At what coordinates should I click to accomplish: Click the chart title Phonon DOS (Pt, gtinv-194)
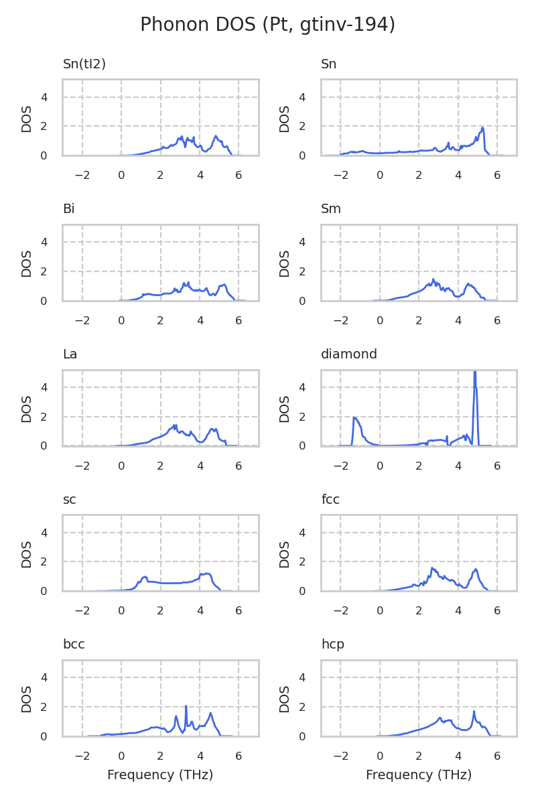coord(267,25)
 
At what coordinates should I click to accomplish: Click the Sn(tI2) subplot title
coord(84,64)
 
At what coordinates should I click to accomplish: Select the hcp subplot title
coord(332,645)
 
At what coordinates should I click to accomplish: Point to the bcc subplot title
coord(74,645)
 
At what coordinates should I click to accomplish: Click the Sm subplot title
coord(331,209)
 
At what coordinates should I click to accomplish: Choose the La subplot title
coord(70,354)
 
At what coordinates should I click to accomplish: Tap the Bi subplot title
coord(68,209)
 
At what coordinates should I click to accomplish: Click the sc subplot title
coord(70,499)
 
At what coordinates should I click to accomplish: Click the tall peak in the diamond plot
coord(474,373)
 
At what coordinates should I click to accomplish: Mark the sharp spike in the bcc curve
coord(186,706)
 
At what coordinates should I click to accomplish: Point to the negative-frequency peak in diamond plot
coord(354,418)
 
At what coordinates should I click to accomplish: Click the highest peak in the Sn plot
coord(482,128)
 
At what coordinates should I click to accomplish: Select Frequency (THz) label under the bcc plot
coord(160,775)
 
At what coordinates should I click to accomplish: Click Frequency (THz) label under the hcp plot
coord(419,775)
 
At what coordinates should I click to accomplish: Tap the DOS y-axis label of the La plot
coord(27,408)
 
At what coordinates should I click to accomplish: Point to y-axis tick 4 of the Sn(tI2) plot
coord(44,97)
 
